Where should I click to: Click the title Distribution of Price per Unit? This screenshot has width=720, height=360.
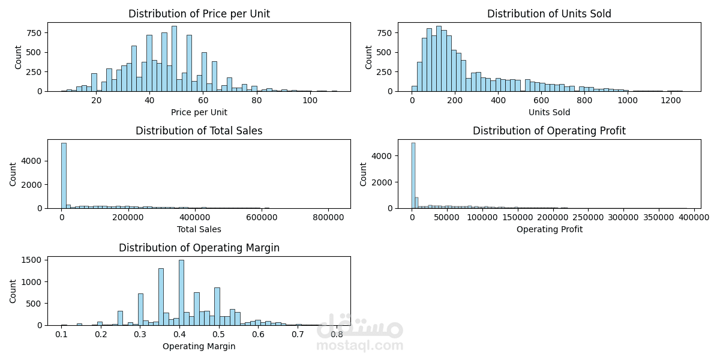click(199, 14)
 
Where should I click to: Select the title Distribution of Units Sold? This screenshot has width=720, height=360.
click(549, 14)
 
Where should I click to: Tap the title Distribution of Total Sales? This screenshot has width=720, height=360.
click(199, 131)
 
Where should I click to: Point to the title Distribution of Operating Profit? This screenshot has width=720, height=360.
click(549, 131)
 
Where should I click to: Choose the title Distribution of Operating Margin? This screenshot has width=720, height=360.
click(199, 248)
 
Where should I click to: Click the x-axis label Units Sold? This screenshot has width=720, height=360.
click(549, 112)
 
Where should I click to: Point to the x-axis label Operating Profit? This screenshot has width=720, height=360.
click(549, 229)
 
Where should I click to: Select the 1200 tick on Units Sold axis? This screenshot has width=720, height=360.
click(671, 100)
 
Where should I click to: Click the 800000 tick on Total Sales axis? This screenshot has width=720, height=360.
click(328, 217)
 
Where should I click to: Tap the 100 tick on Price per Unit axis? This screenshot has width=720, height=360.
click(310, 100)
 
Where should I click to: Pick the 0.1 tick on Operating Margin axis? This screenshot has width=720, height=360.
click(61, 334)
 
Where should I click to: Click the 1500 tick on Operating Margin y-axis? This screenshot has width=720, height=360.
click(34, 260)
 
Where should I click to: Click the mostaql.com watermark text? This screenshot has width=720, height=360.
click(359, 346)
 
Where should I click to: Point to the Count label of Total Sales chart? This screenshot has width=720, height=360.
click(13, 174)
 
